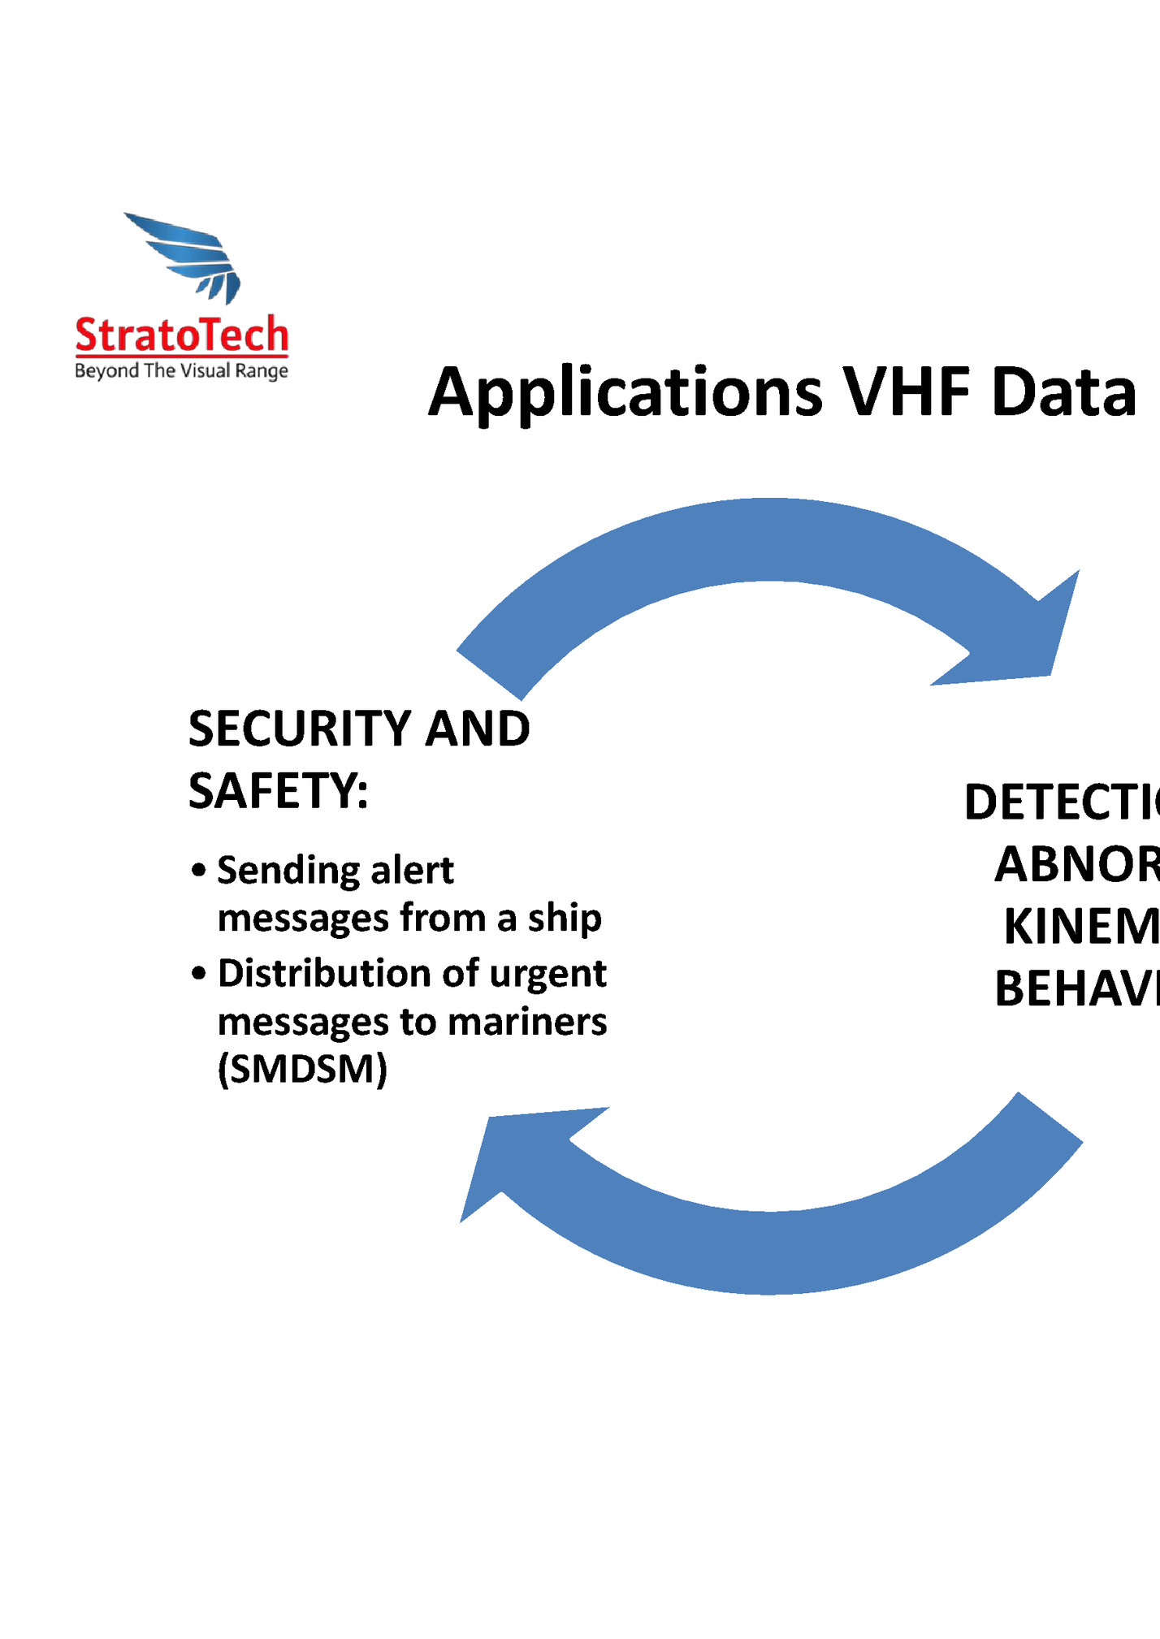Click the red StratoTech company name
click(x=181, y=335)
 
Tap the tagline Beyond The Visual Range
click(x=181, y=371)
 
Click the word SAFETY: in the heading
click(x=278, y=791)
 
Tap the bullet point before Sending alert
click(x=199, y=871)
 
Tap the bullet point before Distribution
click(x=199, y=973)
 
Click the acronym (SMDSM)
click(x=302, y=1069)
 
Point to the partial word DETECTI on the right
click(x=1061, y=802)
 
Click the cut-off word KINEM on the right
click(x=1080, y=927)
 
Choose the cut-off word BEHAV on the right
click(x=1076, y=989)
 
